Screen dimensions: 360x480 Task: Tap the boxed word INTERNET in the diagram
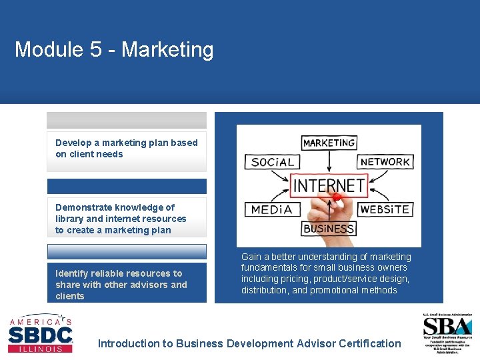tap(329, 185)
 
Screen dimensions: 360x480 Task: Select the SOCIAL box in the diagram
tap(273, 162)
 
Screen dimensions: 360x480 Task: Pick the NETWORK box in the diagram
tap(385, 161)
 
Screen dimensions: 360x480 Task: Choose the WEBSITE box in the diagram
tap(384, 209)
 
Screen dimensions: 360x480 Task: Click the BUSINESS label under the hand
tap(328, 229)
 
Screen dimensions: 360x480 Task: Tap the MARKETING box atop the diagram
tap(329, 143)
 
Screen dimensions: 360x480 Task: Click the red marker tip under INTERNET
tap(337, 197)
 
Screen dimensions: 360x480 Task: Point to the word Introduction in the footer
tap(129, 344)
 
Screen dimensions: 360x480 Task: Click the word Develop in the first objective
tap(74, 143)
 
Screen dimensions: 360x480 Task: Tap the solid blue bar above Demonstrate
tap(127, 186)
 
